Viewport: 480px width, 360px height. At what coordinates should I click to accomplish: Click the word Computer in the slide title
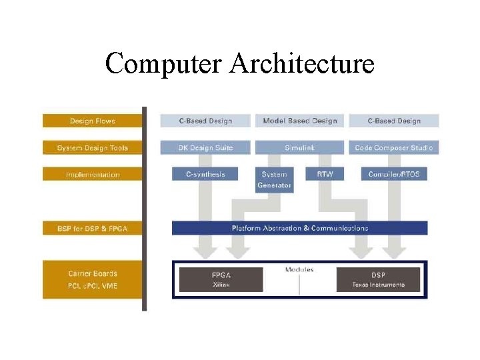[x=163, y=64]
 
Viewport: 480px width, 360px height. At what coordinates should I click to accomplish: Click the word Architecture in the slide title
[x=302, y=64]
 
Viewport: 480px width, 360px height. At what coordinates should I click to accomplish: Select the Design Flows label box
[x=92, y=121]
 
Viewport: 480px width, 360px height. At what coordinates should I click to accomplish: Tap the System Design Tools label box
[x=92, y=147]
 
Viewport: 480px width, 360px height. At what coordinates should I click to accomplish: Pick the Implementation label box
[x=92, y=174]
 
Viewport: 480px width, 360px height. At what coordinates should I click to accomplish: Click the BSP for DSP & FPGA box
[x=92, y=228]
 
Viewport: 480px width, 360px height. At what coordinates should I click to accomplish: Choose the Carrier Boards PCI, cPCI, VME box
[x=92, y=279]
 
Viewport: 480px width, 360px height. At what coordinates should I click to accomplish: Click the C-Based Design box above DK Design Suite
[x=205, y=121]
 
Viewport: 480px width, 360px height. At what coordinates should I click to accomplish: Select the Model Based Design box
[x=300, y=121]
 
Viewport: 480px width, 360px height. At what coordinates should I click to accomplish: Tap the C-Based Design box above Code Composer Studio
[x=394, y=121]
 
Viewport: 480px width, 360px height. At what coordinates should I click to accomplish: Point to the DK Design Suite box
[x=205, y=147]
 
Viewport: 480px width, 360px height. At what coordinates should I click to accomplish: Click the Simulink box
[x=300, y=147]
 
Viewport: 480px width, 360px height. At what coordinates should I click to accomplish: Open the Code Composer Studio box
[x=394, y=147]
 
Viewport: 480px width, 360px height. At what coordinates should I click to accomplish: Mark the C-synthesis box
[x=205, y=174]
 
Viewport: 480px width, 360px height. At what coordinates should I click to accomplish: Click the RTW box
[x=325, y=174]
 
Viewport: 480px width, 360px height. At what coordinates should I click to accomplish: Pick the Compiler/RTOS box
[x=394, y=174]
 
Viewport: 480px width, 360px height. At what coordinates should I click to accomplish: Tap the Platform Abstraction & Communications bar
[x=300, y=228]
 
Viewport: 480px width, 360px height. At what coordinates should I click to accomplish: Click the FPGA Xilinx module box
[x=221, y=279]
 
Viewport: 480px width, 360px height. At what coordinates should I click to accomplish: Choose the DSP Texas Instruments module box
[x=378, y=279]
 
